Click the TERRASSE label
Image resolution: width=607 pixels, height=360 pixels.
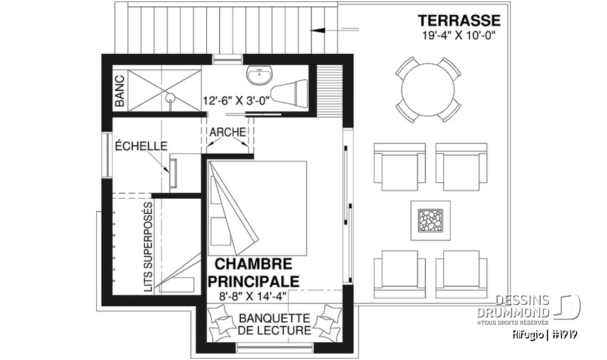(458, 21)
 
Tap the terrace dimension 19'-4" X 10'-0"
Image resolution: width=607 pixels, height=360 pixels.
(458, 35)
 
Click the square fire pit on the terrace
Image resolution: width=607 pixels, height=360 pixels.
(430, 220)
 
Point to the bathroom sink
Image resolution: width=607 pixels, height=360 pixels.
(259, 75)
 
